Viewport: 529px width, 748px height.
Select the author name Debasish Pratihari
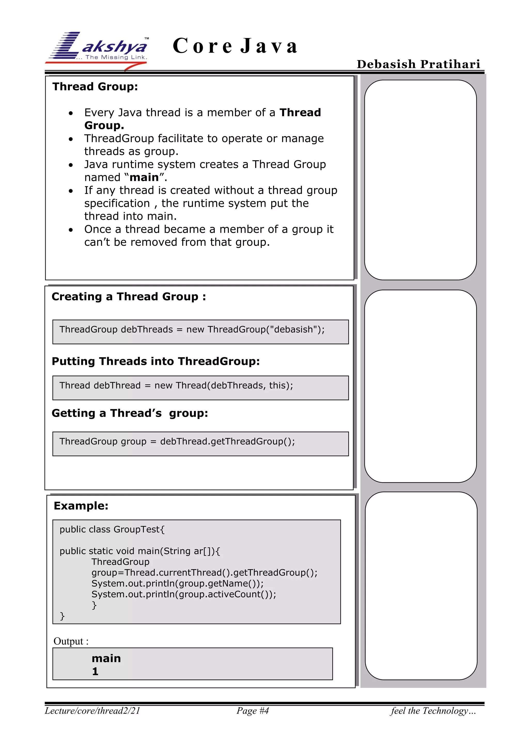[418, 64]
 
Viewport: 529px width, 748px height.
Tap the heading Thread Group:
[95, 87]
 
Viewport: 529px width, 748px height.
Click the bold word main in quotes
[144, 178]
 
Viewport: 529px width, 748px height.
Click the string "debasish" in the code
[293, 329]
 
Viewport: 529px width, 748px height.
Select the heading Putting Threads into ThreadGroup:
[156, 361]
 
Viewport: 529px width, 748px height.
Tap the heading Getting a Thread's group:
[130, 413]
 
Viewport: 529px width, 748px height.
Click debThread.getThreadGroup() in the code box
[227, 442]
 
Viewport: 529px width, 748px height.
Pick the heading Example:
[81, 506]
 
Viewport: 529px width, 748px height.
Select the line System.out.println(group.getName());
[177, 583]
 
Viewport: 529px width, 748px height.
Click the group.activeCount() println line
[184, 594]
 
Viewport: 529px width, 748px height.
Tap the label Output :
[71, 641]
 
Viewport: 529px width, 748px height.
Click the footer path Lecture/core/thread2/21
[92, 711]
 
